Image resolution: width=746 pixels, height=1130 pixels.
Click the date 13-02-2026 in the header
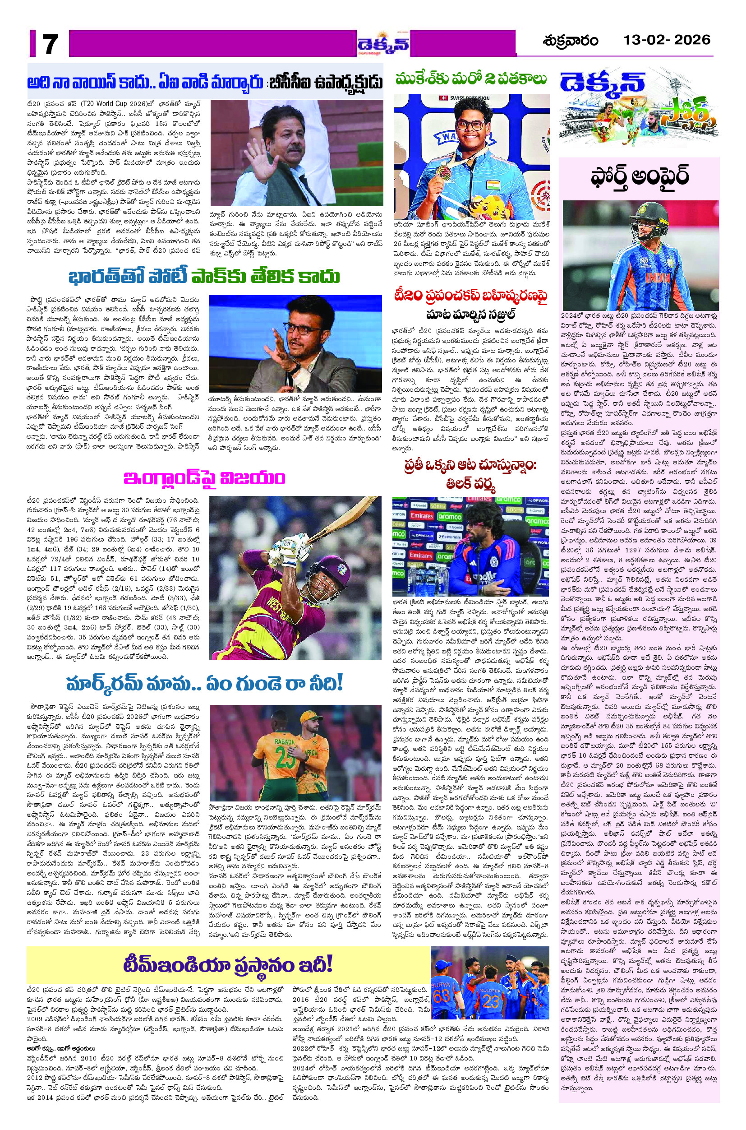tap(667, 40)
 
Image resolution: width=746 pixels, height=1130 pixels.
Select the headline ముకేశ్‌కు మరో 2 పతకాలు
tap(471, 79)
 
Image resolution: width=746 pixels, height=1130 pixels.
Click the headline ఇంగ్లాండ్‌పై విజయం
tap(204, 478)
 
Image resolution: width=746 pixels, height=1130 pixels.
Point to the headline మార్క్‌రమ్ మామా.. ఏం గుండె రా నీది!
tap(205, 684)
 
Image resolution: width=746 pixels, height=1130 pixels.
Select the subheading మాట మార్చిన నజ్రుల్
tap(470, 315)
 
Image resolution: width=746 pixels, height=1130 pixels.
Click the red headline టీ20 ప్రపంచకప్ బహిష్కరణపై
tap(470, 296)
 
